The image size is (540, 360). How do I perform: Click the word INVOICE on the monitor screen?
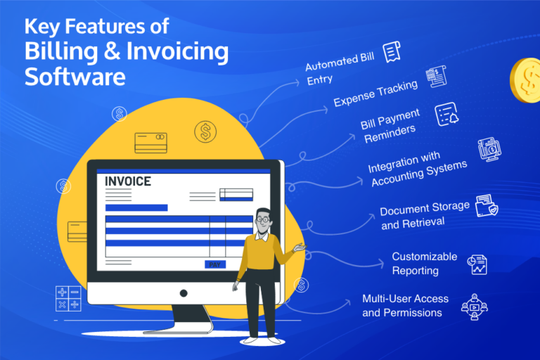(127, 181)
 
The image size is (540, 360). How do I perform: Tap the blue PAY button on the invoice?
(215, 264)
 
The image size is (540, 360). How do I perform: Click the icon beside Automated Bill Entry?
(392, 51)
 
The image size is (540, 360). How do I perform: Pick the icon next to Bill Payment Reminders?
(444, 114)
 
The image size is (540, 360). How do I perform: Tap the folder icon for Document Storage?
(487, 206)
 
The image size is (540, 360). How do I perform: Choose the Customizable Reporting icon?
(477, 264)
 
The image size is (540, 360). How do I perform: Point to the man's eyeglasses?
(262, 219)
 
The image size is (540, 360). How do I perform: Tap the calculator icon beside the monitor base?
(68, 297)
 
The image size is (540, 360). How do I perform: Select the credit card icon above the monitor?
(150, 143)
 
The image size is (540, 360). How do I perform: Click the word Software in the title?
(75, 75)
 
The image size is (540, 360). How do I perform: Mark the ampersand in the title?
(128, 51)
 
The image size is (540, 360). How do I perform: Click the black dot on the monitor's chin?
(184, 292)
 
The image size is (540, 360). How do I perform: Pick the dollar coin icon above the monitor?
(205, 130)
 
